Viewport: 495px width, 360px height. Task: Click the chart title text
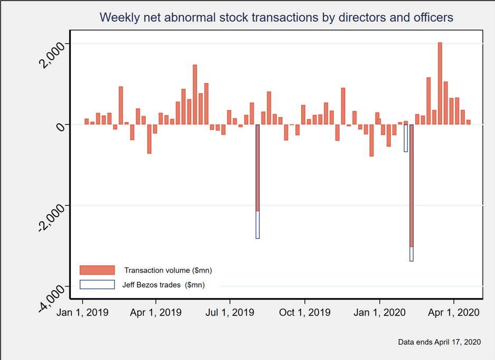click(276, 17)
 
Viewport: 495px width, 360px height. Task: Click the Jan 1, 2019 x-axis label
click(82, 312)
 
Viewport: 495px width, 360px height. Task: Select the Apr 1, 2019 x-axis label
click(156, 312)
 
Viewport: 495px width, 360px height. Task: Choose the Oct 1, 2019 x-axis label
click(305, 312)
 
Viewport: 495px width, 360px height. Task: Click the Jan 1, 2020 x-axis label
click(380, 312)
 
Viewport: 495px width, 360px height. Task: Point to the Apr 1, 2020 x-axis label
click(454, 312)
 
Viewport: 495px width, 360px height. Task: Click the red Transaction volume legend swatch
click(97, 270)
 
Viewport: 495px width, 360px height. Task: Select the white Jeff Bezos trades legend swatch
click(97, 284)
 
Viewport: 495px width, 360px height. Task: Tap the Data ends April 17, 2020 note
click(440, 342)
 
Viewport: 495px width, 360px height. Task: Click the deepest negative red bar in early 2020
click(412, 185)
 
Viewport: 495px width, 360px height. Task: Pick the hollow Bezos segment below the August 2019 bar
click(258, 225)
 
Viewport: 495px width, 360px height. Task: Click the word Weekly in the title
click(117, 17)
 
